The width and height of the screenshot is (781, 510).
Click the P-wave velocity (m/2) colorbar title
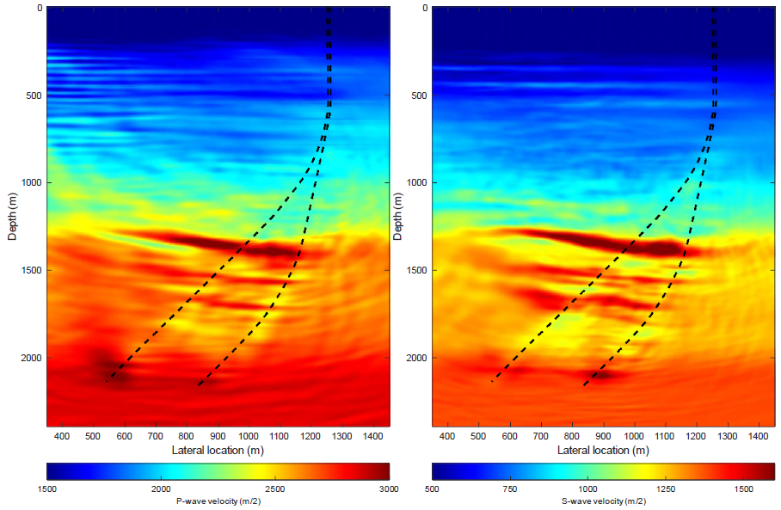point(218,501)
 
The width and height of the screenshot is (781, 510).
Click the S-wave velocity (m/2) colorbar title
point(603,501)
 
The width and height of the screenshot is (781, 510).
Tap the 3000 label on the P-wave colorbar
point(388,488)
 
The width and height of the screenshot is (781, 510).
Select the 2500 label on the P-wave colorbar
point(274,488)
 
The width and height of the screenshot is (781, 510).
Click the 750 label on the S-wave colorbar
point(510,488)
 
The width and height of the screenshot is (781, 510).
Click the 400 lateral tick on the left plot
point(62,437)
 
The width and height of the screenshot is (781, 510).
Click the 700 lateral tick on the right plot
point(541,437)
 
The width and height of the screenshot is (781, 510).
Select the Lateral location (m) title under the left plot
point(218,451)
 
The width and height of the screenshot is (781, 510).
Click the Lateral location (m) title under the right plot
point(603,451)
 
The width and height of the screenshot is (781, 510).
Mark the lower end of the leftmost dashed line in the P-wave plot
point(107,381)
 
